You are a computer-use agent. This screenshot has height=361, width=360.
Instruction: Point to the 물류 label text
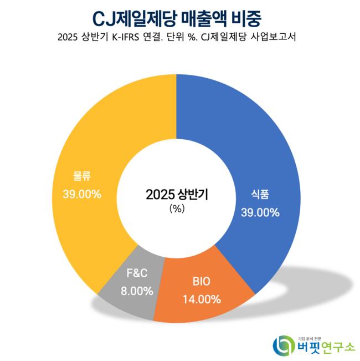tap(82, 177)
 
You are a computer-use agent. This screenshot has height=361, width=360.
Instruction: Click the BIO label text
tap(202, 282)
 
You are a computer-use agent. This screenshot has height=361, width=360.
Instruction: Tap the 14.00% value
tap(202, 299)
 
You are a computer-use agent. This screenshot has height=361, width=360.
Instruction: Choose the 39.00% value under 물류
tap(82, 195)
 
